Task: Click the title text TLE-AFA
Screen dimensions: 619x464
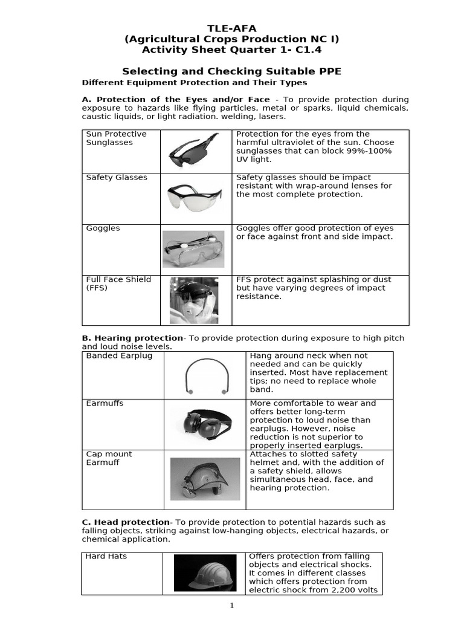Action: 231,28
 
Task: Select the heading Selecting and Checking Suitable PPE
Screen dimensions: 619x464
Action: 231,71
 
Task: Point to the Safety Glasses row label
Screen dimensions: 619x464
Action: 117,178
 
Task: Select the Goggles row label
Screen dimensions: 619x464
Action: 103,228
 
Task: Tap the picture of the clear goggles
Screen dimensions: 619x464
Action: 193,248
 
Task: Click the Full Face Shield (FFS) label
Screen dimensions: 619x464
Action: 118,284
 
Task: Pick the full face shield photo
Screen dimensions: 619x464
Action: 193,300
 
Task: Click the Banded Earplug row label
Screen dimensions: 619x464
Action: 119,356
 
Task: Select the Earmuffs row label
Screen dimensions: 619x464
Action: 105,403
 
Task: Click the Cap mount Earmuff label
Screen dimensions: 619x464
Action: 109,458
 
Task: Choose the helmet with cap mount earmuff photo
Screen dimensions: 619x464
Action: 205,478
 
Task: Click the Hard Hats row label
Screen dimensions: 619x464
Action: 106,556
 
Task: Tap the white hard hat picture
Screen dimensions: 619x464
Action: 205,573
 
